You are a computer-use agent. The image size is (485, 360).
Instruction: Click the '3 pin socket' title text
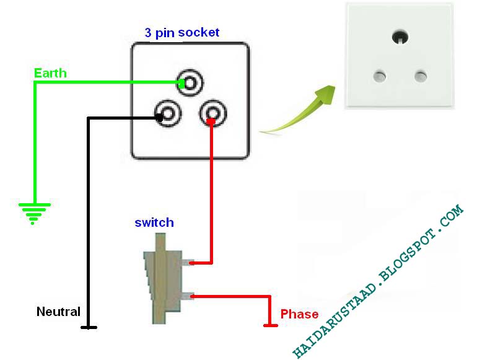[182, 33]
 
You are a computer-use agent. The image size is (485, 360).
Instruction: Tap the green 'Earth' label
[50, 73]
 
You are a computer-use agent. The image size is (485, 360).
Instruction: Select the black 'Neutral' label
[58, 312]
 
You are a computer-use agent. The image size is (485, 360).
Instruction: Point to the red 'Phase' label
[299, 314]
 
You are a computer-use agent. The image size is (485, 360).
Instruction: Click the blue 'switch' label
[154, 222]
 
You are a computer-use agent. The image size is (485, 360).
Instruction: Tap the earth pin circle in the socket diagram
[190, 83]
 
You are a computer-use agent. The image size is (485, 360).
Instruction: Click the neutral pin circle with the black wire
[168, 113]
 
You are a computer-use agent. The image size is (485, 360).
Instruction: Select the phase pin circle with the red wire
[213, 113]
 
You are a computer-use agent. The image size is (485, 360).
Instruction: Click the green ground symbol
[34, 213]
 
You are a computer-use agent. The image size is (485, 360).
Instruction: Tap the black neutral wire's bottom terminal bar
[89, 327]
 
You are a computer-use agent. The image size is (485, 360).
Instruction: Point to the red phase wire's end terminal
[270, 325]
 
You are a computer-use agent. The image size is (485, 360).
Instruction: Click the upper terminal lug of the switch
[188, 263]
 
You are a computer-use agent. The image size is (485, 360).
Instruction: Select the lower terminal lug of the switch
[188, 297]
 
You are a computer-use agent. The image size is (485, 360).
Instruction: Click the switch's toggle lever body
[160, 279]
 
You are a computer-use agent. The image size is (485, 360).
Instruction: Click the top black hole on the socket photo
[400, 37]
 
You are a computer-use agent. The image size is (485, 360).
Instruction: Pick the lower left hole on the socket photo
[380, 76]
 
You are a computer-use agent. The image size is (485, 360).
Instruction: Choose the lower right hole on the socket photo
[421, 76]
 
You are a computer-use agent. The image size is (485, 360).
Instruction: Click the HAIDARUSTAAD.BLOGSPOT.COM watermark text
[378, 281]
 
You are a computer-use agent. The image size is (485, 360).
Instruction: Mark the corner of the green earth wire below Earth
[35, 82]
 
